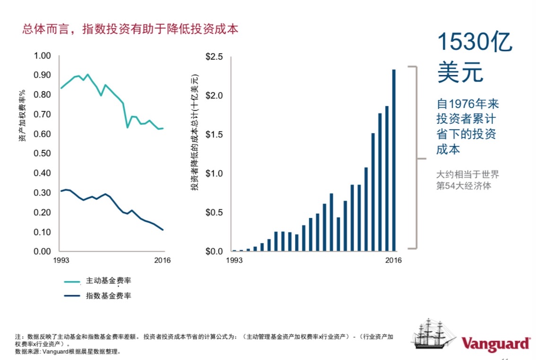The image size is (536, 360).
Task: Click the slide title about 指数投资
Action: (130, 29)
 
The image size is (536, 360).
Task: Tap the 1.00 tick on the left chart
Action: (42, 56)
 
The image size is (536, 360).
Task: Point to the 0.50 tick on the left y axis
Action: (42, 154)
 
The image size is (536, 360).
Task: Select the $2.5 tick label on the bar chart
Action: (214, 57)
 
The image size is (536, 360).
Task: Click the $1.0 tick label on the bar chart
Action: (214, 174)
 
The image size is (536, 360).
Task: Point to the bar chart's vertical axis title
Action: (194, 132)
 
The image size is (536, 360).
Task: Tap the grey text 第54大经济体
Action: (463, 186)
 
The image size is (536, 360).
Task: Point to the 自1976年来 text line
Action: (467, 104)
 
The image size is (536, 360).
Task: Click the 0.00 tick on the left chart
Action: (42, 252)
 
